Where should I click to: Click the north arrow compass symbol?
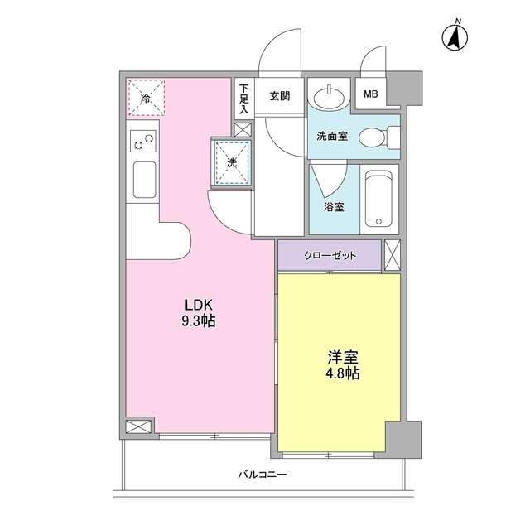coord(455,36)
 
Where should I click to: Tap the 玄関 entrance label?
coord(279,95)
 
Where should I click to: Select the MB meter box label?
coord(371,94)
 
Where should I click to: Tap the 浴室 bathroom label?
coord(335,207)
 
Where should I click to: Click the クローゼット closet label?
coord(330,256)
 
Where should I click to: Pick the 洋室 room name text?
coord(342,357)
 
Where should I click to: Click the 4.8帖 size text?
coord(342,373)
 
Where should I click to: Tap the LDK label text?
coord(199,304)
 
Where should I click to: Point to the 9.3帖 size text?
coord(199,321)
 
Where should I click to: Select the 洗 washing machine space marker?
coord(232,161)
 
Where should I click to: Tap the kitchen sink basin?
coord(144,181)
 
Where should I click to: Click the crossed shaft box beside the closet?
coord(392,255)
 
